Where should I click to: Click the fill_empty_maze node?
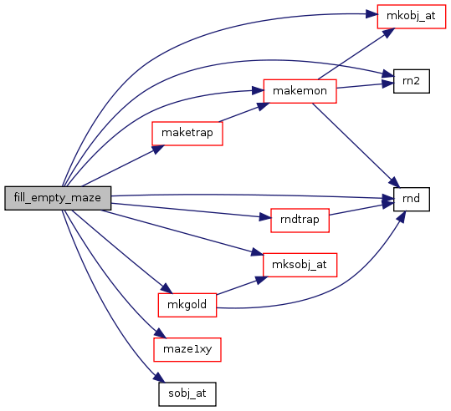pyautogui.click(x=58, y=198)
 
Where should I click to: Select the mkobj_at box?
pyautogui.click(x=412, y=17)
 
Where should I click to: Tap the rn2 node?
pyautogui.click(x=412, y=81)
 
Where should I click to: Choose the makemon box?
pyautogui.click(x=300, y=91)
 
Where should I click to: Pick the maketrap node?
pyautogui.click(x=187, y=134)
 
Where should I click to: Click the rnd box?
pyautogui.click(x=412, y=199)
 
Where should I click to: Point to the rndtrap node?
pyautogui.click(x=300, y=221)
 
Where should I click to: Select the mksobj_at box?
pyautogui.click(x=300, y=265)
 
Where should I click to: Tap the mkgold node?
pyautogui.click(x=187, y=305)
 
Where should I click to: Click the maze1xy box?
pyautogui.click(x=187, y=349)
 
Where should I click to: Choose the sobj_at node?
pyautogui.click(x=187, y=394)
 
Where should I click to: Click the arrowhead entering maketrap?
pyautogui.click(x=157, y=149)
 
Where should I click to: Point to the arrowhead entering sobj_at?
pyautogui.click(x=160, y=378)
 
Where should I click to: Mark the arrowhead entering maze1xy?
pyautogui.click(x=161, y=333)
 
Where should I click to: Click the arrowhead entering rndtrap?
pyautogui.click(x=265, y=217)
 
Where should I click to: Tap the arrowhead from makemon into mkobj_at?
pyautogui.click(x=388, y=33)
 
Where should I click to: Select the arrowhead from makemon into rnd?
pyautogui.click(x=394, y=183)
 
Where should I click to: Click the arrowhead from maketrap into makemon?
pyautogui.click(x=263, y=106)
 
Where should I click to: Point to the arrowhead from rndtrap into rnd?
pyautogui.click(x=388, y=203)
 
